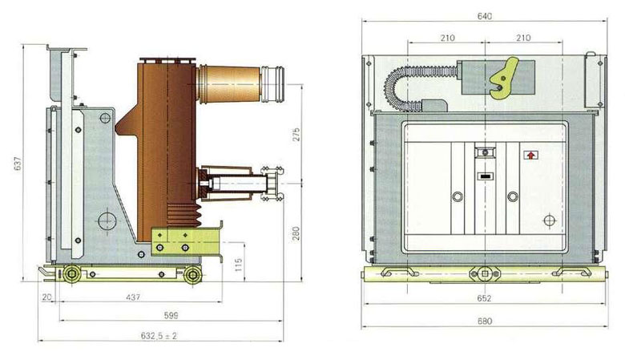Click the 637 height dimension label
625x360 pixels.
(18, 164)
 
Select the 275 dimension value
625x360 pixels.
(296, 135)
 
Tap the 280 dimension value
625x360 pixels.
(296, 233)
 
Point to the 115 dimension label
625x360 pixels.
(239, 265)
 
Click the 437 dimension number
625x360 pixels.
(133, 297)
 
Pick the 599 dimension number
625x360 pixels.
(171, 315)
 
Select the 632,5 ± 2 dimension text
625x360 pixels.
(159, 336)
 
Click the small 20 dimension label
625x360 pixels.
(47, 297)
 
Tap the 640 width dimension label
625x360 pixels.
(485, 16)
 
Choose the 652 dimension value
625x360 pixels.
(484, 298)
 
